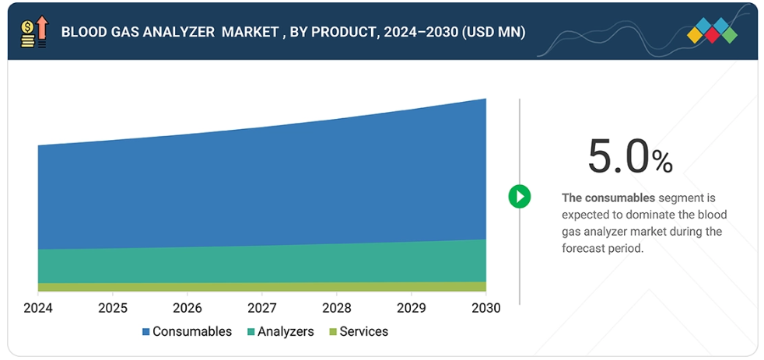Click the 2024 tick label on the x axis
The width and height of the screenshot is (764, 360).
pyautogui.click(x=37, y=307)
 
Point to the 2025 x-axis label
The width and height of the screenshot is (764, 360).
pyautogui.click(x=112, y=307)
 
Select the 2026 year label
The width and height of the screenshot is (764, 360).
pyautogui.click(x=187, y=307)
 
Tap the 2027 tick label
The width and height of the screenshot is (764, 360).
pyautogui.click(x=261, y=307)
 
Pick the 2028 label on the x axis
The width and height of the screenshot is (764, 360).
pyautogui.click(x=336, y=307)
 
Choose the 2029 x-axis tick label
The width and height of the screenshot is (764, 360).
pyautogui.click(x=411, y=307)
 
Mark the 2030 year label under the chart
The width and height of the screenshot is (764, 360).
pyautogui.click(x=485, y=307)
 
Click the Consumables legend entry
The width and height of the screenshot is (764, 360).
pyautogui.click(x=187, y=332)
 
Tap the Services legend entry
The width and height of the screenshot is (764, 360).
pyautogui.click(x=357, y=332)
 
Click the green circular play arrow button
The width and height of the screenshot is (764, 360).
pyautogui.click(x=519, y=197)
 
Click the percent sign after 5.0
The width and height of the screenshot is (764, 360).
pyautogui.click(x=662, y=162)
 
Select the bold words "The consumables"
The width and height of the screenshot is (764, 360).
pyautogui.click(x=608, y=198)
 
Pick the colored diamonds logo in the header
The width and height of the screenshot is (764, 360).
pyautogui.click(x=712, y=31)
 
